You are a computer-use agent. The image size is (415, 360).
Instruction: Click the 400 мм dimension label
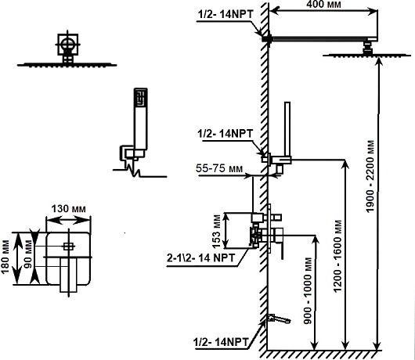(323, 4)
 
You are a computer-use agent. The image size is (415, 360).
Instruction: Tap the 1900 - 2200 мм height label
(370, 176)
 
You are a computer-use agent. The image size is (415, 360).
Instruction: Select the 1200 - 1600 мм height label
(337, 257)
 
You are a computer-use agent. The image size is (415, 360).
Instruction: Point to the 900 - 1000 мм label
(308, 290)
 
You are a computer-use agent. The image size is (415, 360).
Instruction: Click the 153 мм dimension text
(216, 232)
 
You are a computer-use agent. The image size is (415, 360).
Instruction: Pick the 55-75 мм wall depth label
(219, 168)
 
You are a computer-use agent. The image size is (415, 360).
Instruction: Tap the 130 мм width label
(68, 209)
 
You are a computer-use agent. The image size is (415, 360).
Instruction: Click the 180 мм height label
(5, 257)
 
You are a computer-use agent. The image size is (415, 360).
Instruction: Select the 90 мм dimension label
(28, 254)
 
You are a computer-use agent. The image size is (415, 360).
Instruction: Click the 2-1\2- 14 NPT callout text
(201, 257)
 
